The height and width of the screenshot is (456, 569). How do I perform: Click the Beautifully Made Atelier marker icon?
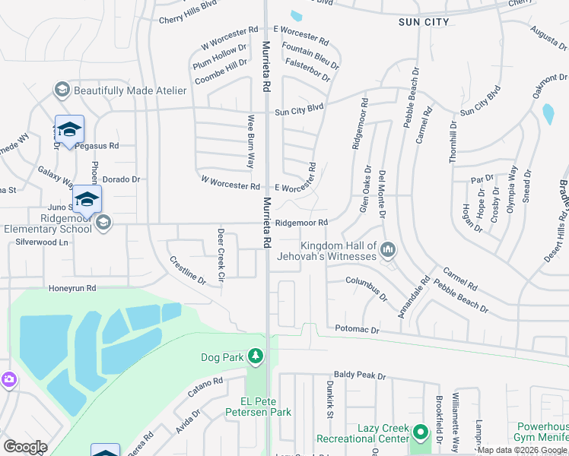(x=61, y=90)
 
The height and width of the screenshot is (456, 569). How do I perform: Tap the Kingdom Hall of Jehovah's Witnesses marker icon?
(x=388, y=249)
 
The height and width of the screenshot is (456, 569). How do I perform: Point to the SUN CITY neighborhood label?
(x=424, y=22)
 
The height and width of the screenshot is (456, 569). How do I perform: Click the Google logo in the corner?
(x=25, y=446)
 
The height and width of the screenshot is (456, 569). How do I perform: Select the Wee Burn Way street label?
(x=250, y=141)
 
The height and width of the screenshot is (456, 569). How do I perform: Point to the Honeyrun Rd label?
(x=72, y=288)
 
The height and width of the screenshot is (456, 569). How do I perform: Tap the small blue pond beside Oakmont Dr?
(x=548, y=113)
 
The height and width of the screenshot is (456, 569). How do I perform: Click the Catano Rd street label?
(x=205, y=387)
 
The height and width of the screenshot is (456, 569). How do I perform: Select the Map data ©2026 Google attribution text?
(x=522, y=450)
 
